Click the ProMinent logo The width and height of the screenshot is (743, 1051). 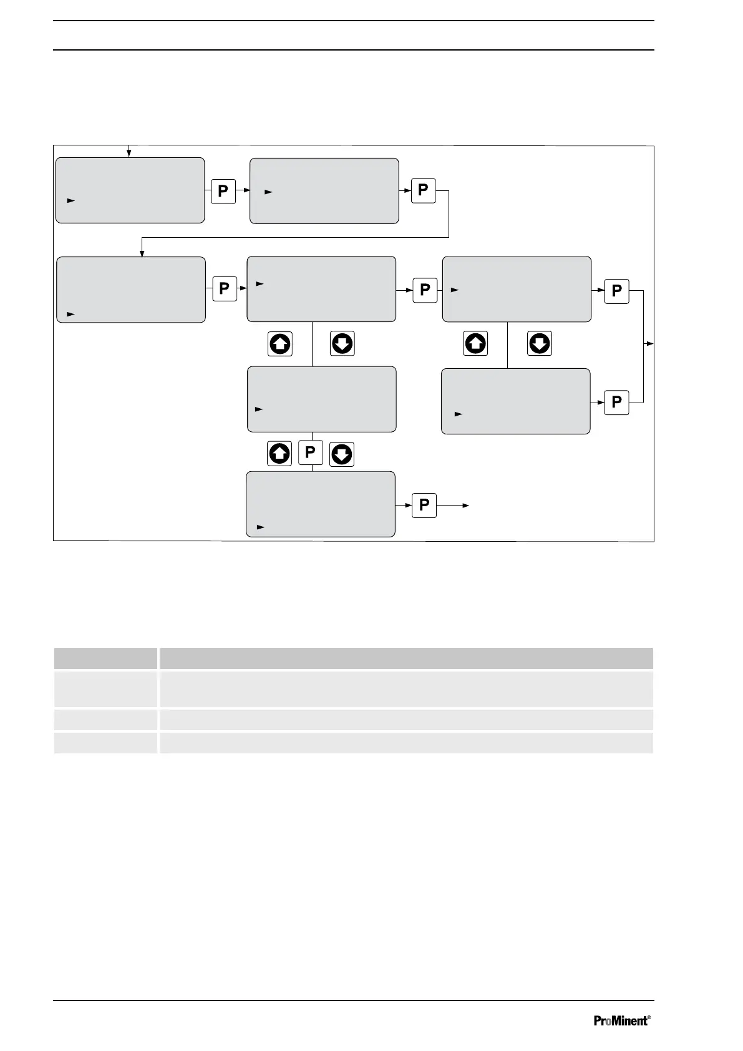[x=621, y=1021]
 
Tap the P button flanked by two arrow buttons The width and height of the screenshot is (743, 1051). [x=310, y=453]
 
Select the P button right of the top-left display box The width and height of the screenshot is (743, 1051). [x=223, y=191]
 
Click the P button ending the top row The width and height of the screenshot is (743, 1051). [x=423, y=190]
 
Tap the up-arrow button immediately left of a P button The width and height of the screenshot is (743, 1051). [x=279, y=454]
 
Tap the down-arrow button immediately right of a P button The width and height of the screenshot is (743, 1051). [x=341, y=454]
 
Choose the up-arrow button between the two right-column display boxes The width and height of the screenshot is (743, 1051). [x=475, y=343]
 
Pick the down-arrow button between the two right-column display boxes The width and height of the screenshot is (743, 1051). [x=540, y=343]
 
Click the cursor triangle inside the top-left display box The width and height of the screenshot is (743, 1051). [x=71, y=201]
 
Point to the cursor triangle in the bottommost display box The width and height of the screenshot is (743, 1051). [x=261, y=527]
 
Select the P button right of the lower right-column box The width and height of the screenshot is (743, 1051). [x=616, y=402]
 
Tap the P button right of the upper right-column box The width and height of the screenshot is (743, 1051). [x=616, y=291]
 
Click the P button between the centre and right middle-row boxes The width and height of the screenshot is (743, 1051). [x=425, y=290]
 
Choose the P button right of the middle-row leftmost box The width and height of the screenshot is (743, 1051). [x=225, y=289]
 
